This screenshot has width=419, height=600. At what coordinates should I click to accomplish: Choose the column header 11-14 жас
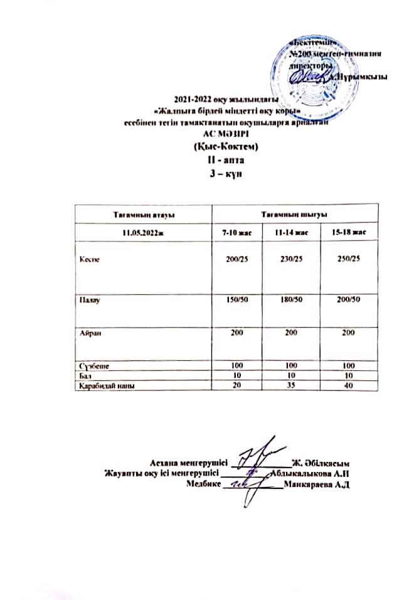click(x=289, y=233)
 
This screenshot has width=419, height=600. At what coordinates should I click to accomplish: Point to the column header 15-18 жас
click(x=349, y=233)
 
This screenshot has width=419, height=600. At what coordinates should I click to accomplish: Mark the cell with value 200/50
click(x=349, y=300)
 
